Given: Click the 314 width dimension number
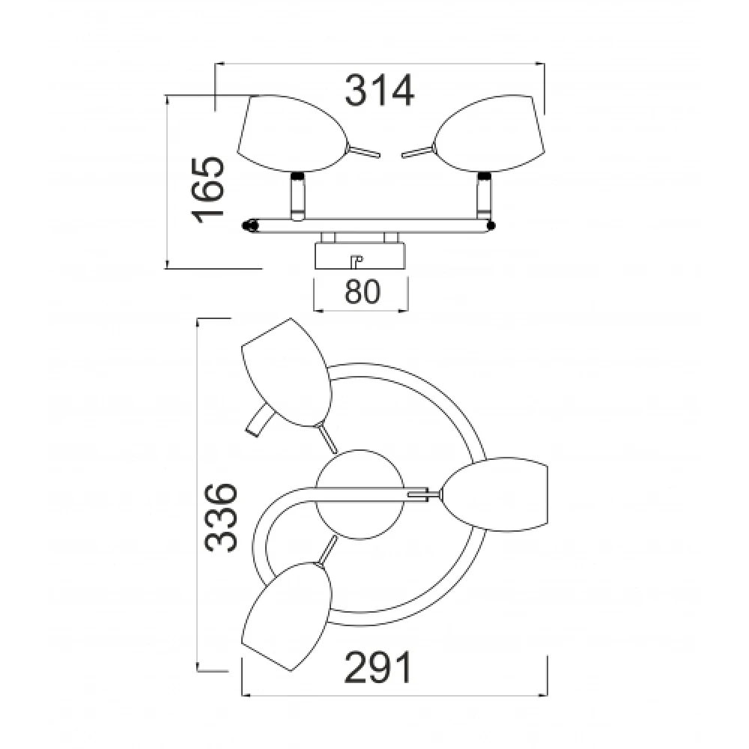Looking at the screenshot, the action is pos(379,91).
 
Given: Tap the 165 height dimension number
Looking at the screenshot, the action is pos(208,189).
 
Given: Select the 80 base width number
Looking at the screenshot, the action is pos(363,291).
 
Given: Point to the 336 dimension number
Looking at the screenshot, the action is pos(221,518).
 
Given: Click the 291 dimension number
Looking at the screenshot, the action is pos(377,667).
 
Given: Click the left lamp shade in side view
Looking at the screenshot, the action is pos(292,133).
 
